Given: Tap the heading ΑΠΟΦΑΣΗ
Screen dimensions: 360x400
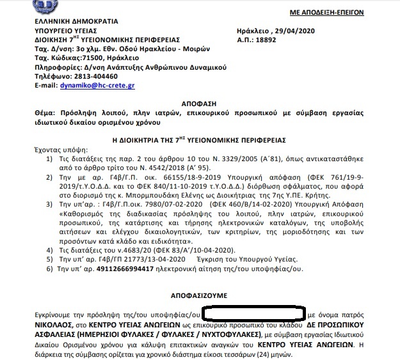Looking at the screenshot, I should tap(199, 101).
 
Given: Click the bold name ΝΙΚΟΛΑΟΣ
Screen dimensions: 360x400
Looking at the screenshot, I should tap(53, 325).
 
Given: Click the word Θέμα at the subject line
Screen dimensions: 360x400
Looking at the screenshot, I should tap(45, 111).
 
